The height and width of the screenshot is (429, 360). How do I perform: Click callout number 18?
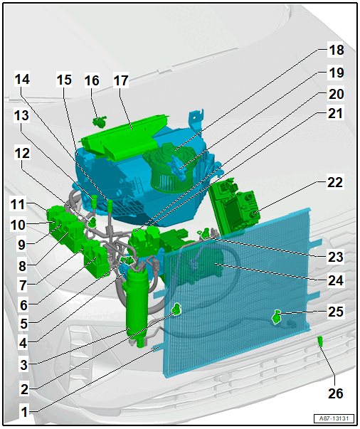337,50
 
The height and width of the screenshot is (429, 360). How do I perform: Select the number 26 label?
335,393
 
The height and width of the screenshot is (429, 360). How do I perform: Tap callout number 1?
24,412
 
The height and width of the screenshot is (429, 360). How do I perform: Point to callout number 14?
22,80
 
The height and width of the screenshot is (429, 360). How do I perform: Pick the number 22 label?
335,183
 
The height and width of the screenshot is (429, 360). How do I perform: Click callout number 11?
18,204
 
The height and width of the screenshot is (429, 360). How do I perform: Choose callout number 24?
336,281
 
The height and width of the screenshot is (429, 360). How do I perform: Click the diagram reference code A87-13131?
334,418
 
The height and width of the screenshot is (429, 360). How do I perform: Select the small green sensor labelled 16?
100,121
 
